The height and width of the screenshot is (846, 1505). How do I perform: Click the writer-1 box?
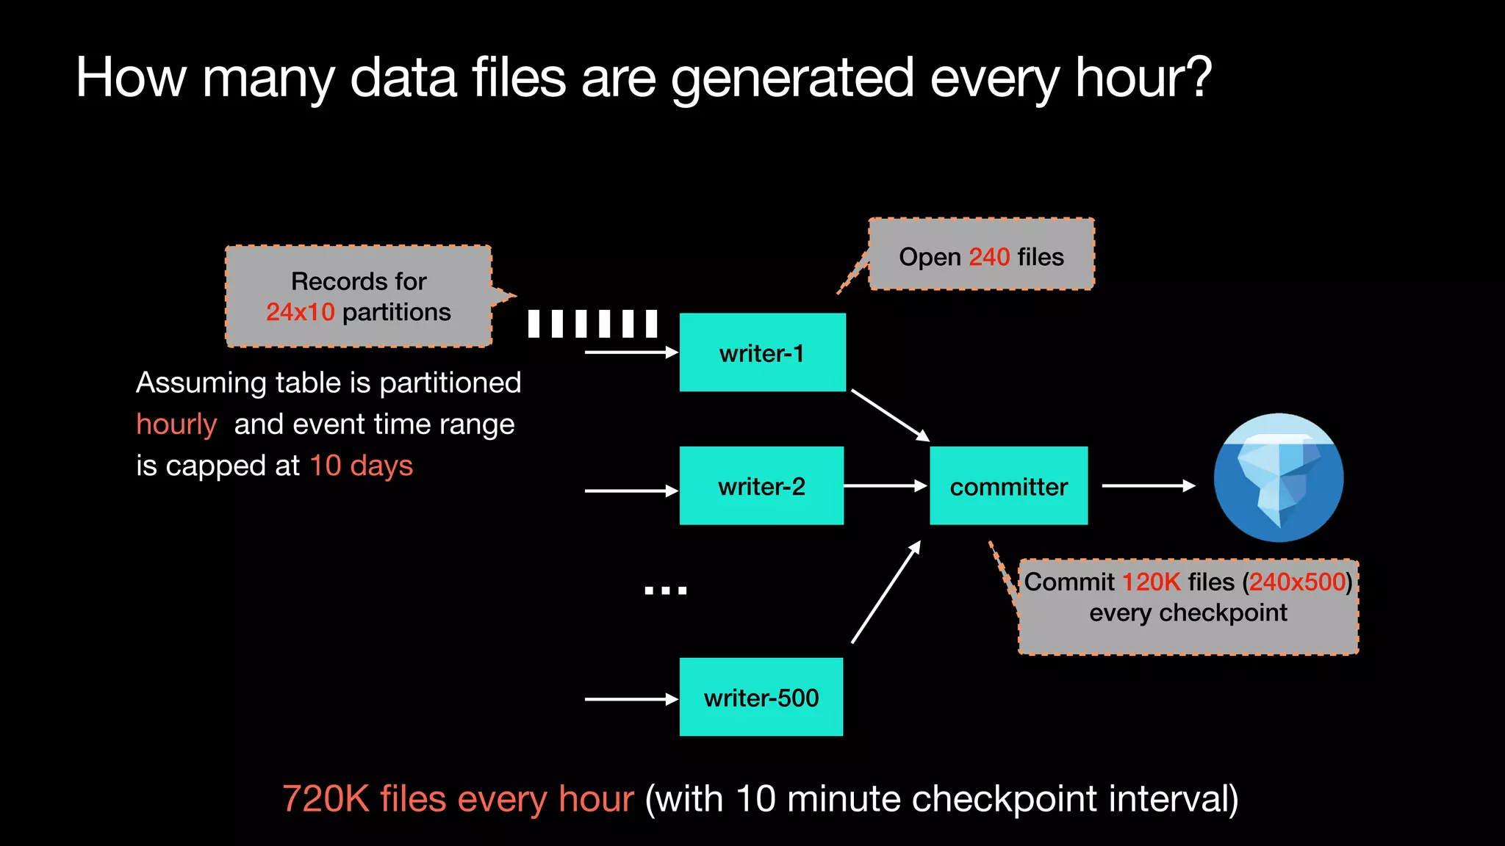tap(762, 352)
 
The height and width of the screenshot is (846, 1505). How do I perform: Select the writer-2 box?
tap(761, 485)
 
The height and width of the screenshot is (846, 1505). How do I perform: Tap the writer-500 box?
tap(761, 697)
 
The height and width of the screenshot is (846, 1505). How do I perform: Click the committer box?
tap(1008, 485)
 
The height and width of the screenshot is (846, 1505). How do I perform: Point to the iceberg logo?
tap(1278, 478)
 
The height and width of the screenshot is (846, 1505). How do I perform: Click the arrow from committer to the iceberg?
tap(1148, 485)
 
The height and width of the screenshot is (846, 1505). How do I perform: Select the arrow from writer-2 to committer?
tap(885, 485)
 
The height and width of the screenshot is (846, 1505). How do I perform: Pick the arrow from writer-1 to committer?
tap(890, 415)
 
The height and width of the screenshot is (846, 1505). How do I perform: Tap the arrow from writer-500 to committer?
tap(886, 592)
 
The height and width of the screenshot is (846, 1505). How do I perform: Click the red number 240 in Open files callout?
tap(989, 257)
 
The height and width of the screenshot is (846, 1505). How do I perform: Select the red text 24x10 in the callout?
tap(300, 312)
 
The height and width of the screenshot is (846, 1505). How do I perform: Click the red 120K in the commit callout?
tap(1151, 582)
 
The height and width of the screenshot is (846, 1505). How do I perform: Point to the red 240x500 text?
tap(1297, 582)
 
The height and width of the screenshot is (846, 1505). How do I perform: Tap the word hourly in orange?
tap(176, 424)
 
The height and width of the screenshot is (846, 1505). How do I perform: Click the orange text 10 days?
tap(361, 466)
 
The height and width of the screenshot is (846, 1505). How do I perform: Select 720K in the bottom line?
tap(326, 799)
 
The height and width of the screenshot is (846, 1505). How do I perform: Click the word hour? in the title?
tap(1143, 78)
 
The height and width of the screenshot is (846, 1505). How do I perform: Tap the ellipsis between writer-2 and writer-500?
tap(665, 590)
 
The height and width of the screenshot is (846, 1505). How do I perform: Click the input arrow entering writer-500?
tap(631, 699)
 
